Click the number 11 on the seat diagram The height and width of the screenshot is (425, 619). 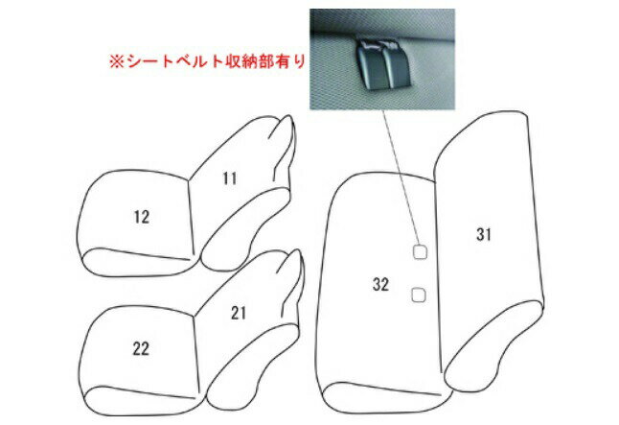click(x=230, y=178)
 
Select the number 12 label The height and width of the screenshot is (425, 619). click(x=142, y=217)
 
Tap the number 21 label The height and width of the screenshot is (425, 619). click(x=239, y=313)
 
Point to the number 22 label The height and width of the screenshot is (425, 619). click(x=141, y=348)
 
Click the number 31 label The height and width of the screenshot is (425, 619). click(x=484, y=234)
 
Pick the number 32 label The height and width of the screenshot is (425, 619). click(x=380, y=284)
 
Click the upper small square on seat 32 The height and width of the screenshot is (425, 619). click(x=420, y=252)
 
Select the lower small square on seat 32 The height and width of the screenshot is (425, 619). click(x=419, y=295)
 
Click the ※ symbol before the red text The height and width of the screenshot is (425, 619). click(x=117, y=61)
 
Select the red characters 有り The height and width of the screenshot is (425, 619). click(x=291, y=61)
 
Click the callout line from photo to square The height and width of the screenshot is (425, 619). click(x=401, y=177)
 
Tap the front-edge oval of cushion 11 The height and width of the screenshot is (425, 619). click(x=244, y=229)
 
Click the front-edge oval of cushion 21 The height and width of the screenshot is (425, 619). click(x=252, y=363)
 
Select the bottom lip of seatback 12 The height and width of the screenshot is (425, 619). click(x=137, y=262)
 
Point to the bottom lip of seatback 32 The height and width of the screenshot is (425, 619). click(x=386, y=398)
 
